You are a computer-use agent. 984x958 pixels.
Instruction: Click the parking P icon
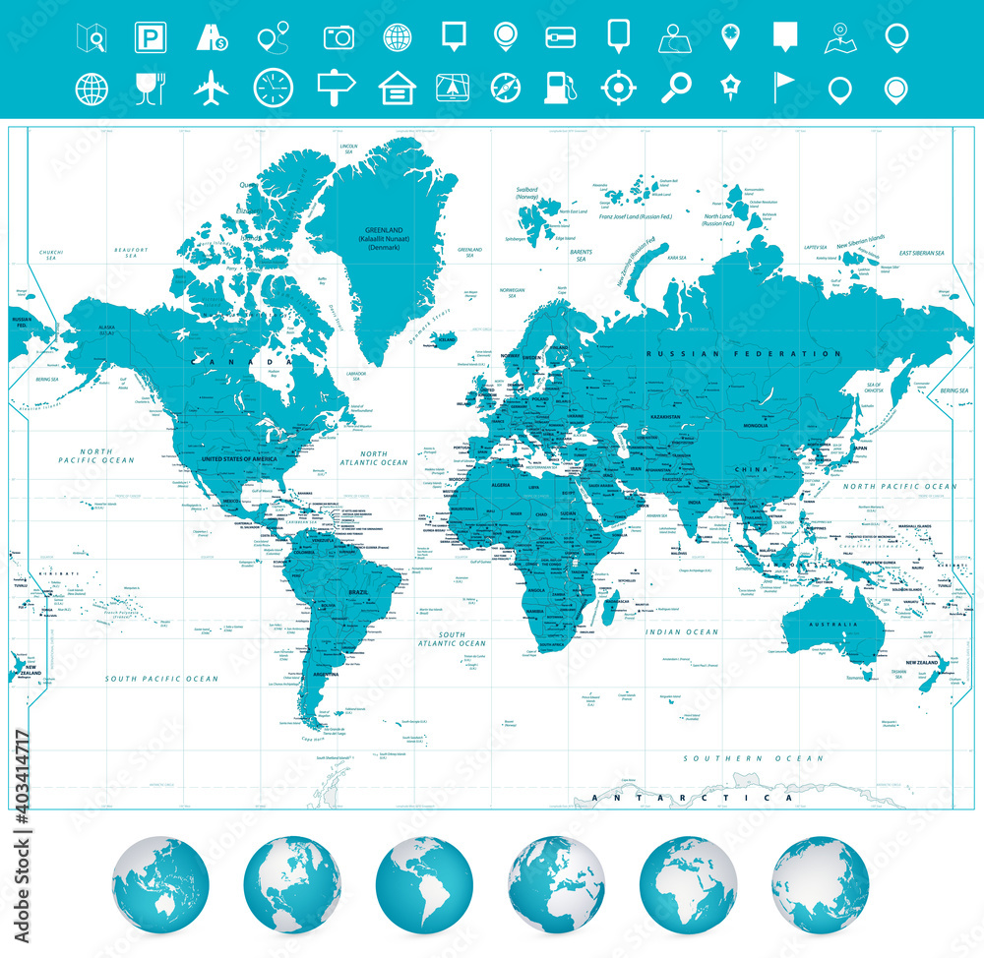click(x=150, y=37)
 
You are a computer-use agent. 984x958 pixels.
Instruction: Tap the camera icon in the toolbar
click(x=338, y=37)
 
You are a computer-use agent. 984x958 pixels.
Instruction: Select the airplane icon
click(x=211, y=89)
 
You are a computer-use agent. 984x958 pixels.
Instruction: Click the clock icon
click(x=273, y=89)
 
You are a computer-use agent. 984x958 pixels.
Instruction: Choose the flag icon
click(x=785, y=89)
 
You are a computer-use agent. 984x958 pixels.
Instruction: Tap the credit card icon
click(x=560, y=37)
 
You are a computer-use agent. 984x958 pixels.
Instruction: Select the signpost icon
click(x=336, y=89)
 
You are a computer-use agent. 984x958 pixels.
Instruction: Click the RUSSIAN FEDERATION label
click(x=743, y=353)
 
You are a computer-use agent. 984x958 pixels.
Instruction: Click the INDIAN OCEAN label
click(x=682, y=631)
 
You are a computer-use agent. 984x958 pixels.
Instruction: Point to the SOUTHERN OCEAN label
click(x=754, y=758)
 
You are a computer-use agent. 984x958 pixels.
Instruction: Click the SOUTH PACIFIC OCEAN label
click(x=162, y=679)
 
